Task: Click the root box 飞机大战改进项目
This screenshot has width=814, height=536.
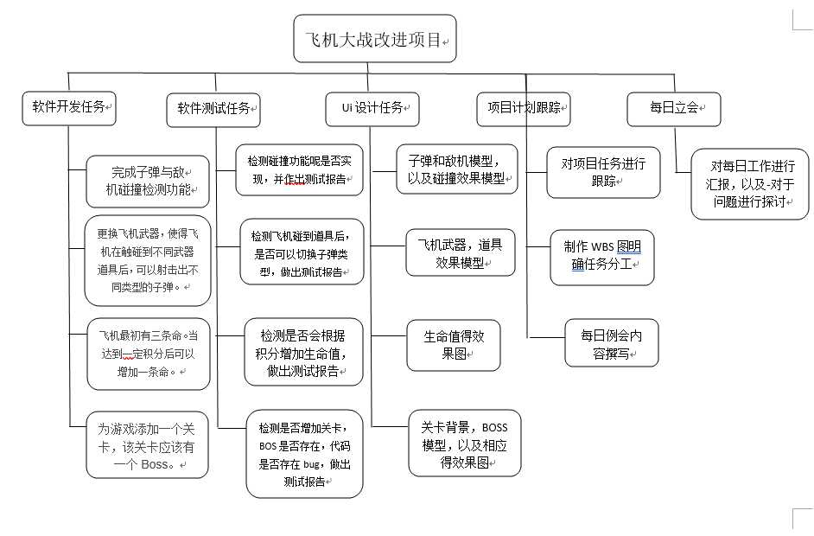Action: coord(374,39)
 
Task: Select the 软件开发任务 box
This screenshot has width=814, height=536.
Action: coord(69,108)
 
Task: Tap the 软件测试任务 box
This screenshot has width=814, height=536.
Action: coord(213,110)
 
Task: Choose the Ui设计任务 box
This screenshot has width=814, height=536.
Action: coord(372,108)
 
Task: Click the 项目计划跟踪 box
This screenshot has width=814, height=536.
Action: coord(524,108)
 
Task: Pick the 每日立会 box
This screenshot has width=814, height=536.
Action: coord(673,108)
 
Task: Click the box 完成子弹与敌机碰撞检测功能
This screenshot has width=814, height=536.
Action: coord(149,180)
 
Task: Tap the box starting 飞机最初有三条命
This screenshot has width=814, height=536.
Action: coord(149,354)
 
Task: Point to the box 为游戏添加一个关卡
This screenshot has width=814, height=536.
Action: coord(147,445)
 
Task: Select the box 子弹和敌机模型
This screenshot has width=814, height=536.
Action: coord(457,169)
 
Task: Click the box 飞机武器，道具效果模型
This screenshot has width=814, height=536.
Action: coord(461,252)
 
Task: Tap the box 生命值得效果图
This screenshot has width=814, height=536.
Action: coord(454,344)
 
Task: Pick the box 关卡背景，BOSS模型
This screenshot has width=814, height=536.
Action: coord(464,443)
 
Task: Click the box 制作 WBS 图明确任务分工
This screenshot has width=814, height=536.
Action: coord(601,257)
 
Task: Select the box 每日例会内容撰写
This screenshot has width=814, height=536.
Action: coord(612,343)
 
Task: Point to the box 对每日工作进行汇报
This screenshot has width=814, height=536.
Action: coord(750,183)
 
